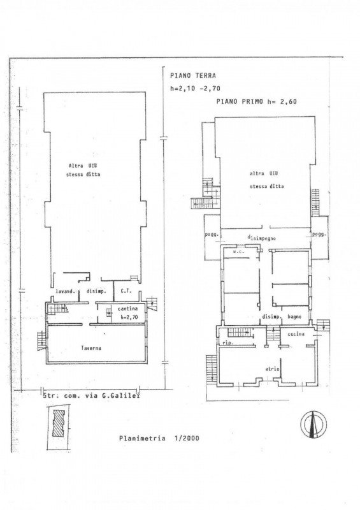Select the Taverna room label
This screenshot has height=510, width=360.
pos(92,349)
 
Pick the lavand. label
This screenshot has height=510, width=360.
pos(66,292)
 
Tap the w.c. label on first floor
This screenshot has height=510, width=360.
pos(240,252)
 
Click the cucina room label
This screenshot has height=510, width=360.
pos(295,333)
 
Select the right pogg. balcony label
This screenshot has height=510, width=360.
pos(319,234)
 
